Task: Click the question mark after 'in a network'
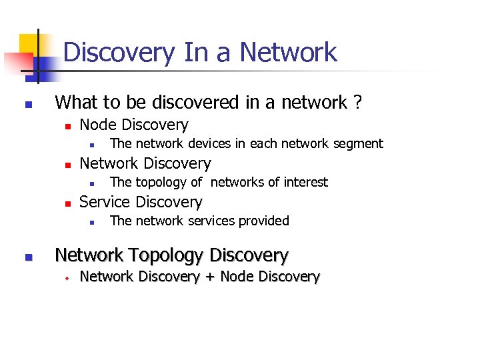(x=358, y=103)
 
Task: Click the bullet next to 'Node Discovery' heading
(x=67, y=126)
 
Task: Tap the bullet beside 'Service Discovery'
(x=67, y=203)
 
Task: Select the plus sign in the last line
(x=209, y=277)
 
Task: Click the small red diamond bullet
(x=67, y=277)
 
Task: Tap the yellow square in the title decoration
(x=28, y=45)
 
